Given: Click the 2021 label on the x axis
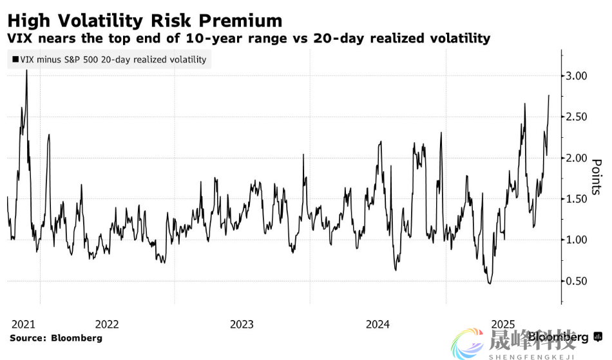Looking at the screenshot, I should (23, 324).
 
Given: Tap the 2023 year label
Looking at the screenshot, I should (242, 324).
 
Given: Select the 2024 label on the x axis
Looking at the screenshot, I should (377, 324).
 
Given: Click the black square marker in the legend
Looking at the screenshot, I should (14, 60).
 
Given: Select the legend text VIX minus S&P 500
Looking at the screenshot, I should (64, 60).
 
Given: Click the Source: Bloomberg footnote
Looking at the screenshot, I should (55, 337).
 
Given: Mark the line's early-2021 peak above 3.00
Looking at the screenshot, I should (26, 70).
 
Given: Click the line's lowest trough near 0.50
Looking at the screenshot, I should (490, 283).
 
